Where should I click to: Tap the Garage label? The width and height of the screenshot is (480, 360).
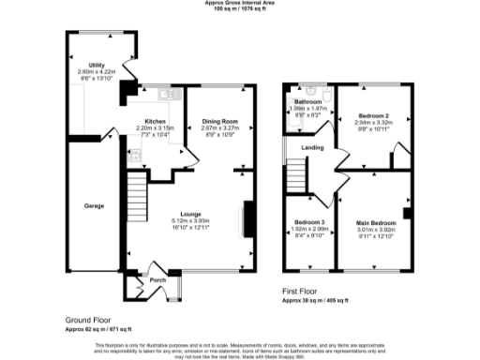pyautogui.click(x=94, y=204)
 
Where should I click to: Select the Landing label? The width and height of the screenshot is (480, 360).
pyautogui.click(x=312, y=148)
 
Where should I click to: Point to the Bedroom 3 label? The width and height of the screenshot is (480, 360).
pyautogui.click(x=308, y=222)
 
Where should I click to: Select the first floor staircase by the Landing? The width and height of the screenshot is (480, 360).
pyautogui.click(x=297, y=173)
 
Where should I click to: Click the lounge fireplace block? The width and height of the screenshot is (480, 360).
pyautogui.click(x=247, y=219)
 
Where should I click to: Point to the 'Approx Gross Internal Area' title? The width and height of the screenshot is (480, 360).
pyautogui.click(x=240, y=3)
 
